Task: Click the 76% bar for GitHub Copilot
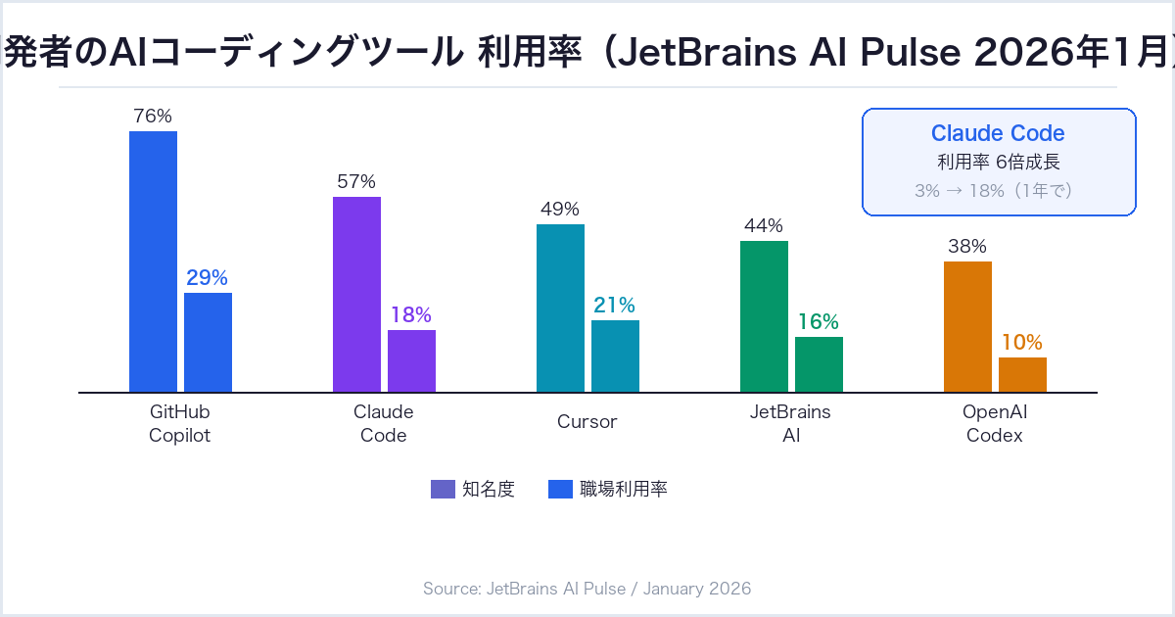click(153, 261)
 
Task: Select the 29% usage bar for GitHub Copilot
click(208, 342)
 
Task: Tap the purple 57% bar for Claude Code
click(356, 294)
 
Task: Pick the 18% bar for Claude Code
click(411, 360)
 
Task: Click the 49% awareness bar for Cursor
click(560, 308)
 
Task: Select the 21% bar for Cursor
click(615, 356)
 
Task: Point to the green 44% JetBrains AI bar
click(764, 315)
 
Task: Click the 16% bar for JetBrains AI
click(819, 364)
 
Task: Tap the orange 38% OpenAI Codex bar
click(967, 326)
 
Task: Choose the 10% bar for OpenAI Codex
click(1022, 374)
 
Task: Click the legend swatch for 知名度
click(443, 489)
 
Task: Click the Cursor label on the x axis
click(587, 422)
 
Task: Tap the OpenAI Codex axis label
click(995, 423)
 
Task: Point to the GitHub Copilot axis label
click(180, 423)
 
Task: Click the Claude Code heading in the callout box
click(998, 133)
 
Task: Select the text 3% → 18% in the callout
click(960, 191)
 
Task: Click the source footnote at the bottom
click(587, 589)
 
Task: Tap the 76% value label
click(153, 116)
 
